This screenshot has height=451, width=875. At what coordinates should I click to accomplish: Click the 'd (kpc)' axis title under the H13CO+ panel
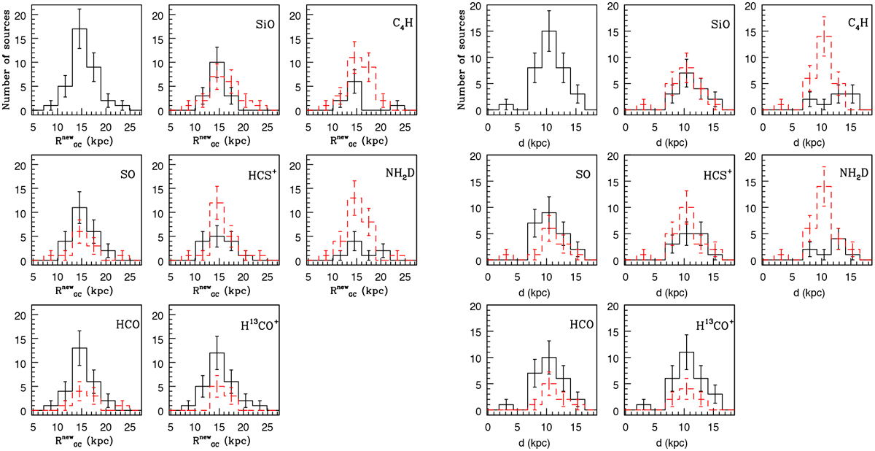coord(671,441)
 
